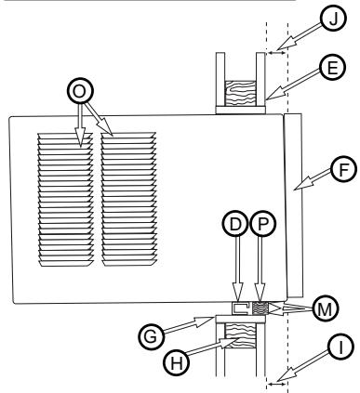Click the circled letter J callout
pyautogui.click(x=333, y=19)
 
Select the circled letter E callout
pyautogui.click(x=332, y=68)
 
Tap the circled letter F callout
pyautogui.click(x=343, y=169)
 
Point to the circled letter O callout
pyautogui.click(x=80, y=91)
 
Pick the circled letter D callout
pyautogui.click(x=235, y=224)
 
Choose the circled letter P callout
pyautogui.click(x=262, y=224)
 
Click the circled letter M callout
pyautogui.click(x=325, y=309)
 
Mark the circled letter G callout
pyautogui.click(x=151, y=336)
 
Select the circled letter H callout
pyautogui.click(x=177, y=362)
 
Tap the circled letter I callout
pyautogui.click(x=340, y=347)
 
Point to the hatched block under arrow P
pyautogui.click(x=260, y=308)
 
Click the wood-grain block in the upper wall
pyautogui.click(x=240, y=93)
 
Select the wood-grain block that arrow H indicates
pyautogui.click(x=240, y=335)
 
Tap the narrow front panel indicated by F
pyautogui.click(x=293, y=205)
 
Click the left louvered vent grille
pyautogui.click(x=65, y=200)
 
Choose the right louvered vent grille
pyautogui.click(x=128, y=199)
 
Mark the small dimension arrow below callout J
pyautogui.click(x=276, y=53)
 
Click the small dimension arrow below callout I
pyautogui.click(x=276, y=384)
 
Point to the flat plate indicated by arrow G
pyautogui.click(x=240, y=319)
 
